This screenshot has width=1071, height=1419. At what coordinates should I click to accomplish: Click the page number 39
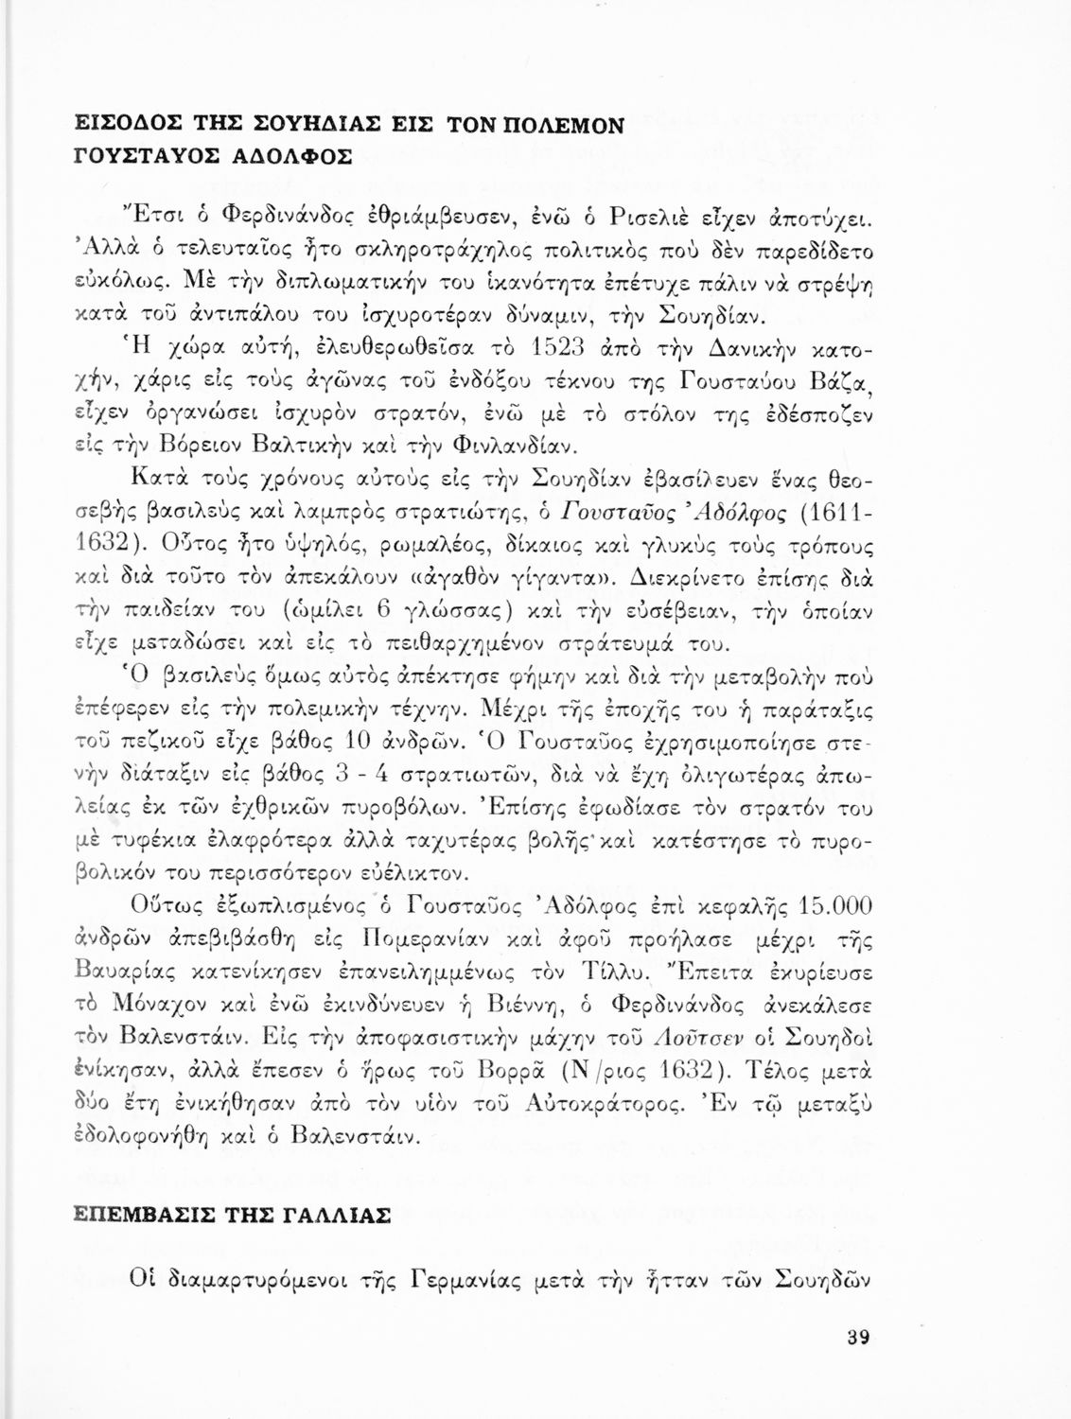click(x=857, y=1339)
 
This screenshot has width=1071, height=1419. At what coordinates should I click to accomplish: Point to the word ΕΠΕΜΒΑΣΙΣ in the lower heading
click(x=143, y=1216)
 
